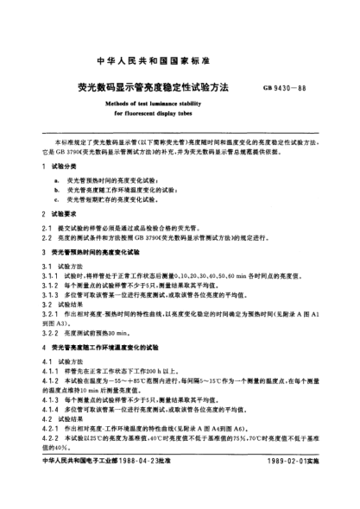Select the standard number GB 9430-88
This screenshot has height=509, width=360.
pos(293,88)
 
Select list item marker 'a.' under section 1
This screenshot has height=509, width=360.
pos(56,179)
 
